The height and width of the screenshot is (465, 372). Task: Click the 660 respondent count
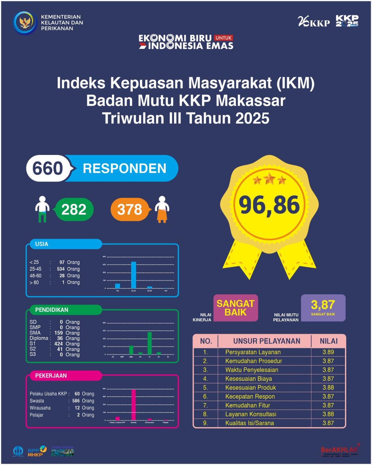pyautogui.click(x=48, y=168)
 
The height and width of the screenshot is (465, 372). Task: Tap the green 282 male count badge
pyautogui.click(x=74, y=210)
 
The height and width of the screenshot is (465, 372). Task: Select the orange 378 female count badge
pyautogui.click(x=130, y=210)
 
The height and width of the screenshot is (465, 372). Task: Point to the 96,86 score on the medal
pyautogui.click(x=269, y=205)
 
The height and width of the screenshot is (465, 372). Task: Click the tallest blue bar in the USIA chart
pyautogui.click(x=133, y=275)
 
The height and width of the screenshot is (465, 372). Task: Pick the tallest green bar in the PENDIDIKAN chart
pyautogui.click(x=150, y=343)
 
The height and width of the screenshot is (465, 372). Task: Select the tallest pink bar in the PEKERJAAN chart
pyautogui.click(x=134, y=405)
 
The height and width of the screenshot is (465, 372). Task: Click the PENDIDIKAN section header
pyautogui.click(x=52, y=310)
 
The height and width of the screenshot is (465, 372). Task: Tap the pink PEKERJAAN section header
pyautogui.click(x=51, y=375)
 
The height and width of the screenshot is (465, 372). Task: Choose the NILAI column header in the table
pyautogui.click(x=328, y=341)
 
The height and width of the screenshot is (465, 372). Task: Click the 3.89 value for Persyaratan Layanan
pyautogui.click(x=328, y=352)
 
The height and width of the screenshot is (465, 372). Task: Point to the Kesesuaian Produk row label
pyautogui.click(x=250, y=387)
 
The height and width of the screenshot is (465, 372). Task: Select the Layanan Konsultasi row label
pyautogui.click(x=251, y=414)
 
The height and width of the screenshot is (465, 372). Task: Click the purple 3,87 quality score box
pyautogui.click(x=323, y=307)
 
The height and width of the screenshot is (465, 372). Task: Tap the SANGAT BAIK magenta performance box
pyautogui.click(x=236, y=308)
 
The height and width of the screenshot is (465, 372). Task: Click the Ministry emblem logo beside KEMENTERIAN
pyautogui.click(x=25, y=23)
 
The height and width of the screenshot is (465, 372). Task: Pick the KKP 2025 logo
pyautogui.click(x=347, y=21)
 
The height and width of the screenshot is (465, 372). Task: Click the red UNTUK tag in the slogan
pyautogui.click(x=223, y=38)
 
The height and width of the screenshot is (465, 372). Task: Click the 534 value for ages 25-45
pyautogui.click(x=61, y=269)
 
